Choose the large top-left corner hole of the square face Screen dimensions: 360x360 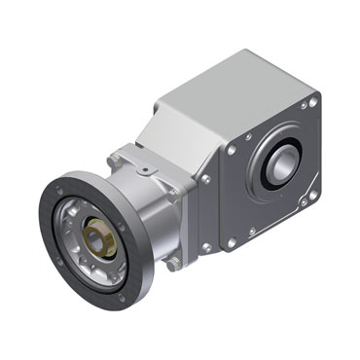click(233, 150)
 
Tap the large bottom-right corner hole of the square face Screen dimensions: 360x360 click(312, 196)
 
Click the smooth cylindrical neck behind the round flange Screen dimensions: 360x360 click(151, 209)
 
